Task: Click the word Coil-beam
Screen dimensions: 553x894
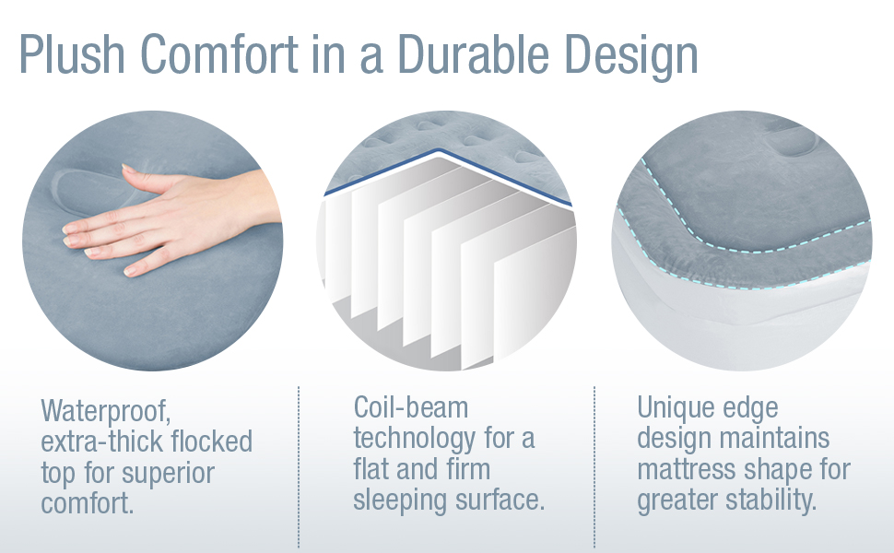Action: coord(411,408)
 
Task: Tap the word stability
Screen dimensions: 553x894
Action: coord(776,502)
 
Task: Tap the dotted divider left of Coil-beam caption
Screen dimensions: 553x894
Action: coord(299,465)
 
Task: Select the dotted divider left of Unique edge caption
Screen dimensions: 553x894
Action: coord(594,465)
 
